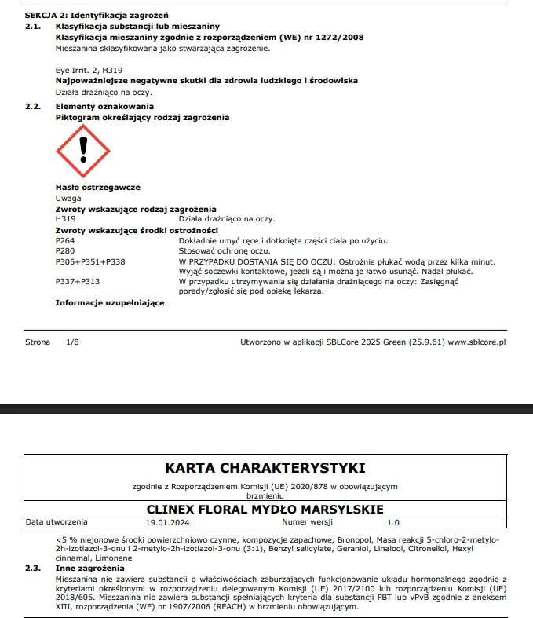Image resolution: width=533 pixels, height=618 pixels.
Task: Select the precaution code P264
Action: pos(65,240)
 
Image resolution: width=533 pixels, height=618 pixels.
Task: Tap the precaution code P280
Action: pos(65,250)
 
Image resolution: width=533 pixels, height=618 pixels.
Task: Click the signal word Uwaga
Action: pos(68,199)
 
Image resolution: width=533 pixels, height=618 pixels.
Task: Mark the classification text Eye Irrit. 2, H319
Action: pos(89,70)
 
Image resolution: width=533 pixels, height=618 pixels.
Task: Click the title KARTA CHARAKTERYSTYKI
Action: pos(265,468)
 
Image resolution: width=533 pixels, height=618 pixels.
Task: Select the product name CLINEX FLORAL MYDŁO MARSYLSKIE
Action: pos(265,509)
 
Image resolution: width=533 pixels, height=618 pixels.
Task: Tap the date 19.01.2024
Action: pos(168,521)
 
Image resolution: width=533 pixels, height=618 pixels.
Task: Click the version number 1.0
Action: pos(393,521)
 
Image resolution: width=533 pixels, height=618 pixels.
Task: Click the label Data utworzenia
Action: pos(57,521)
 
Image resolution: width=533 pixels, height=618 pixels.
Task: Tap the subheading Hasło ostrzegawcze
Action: pos(97,188)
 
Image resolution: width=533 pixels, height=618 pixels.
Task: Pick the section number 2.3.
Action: pos(32,567)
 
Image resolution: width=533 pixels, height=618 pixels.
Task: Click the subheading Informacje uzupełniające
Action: pos(109,302)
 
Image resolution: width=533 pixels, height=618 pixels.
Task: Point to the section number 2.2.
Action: pos(32,106)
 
